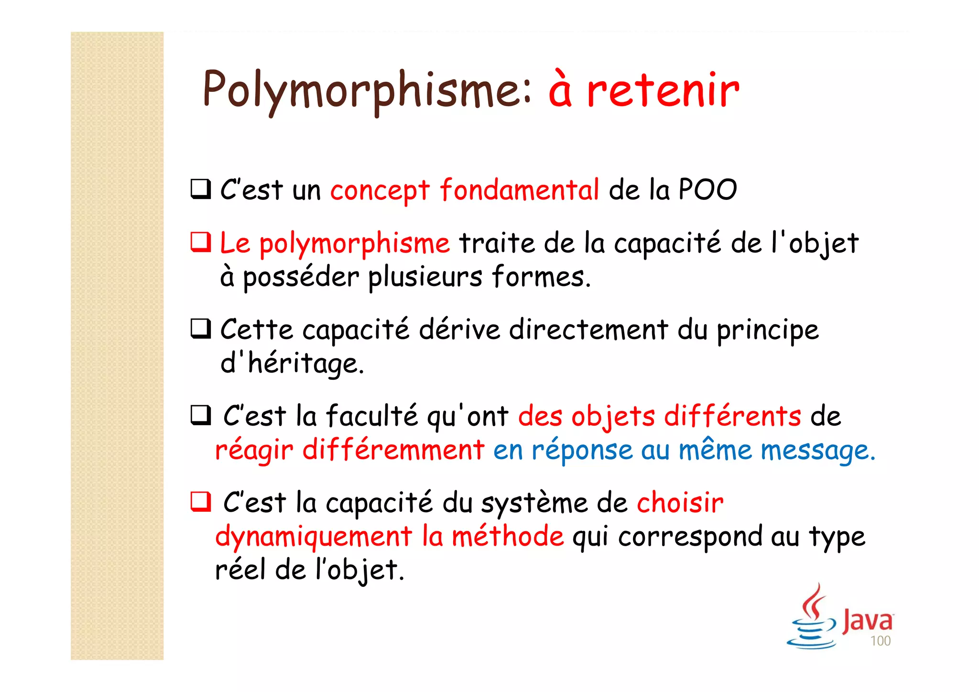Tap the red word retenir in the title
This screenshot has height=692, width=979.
pyautogui.click(x=663, y=90)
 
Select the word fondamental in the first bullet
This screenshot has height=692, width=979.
pyautogui.click(x=519, y=190)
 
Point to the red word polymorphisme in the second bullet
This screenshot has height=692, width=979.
pyautogui.click(x=354, y=244)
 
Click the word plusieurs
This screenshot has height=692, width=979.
pyautogui.click(x=425, y=277)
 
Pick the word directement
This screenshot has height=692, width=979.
pyautogui.click(x=588, y=330)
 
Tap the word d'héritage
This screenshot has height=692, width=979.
pyautogui.click(x=292, y=363)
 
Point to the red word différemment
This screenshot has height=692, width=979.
pyautogui.click(x=393, y=450)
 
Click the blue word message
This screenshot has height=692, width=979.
pyautogui.click(x=817, y=451)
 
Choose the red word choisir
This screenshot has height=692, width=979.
pyautogui.click(x=680, y=503)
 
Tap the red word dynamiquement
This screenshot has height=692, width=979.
pyautogui.click(x=314, y=537)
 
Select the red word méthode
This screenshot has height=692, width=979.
pyautogui.click(x=508, y=537)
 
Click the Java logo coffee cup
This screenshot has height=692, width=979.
pyautogui.click(x=812, y=619)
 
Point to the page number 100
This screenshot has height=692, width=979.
pyautogui.click(x=880, y=641)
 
